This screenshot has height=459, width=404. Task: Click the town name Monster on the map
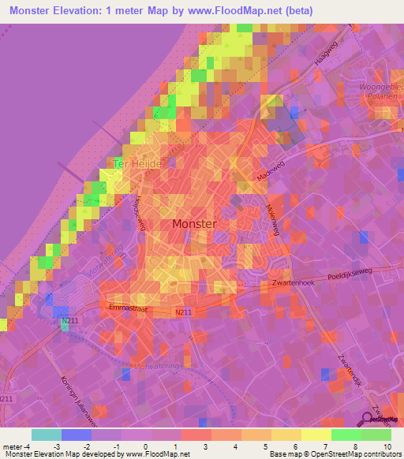[193, 224]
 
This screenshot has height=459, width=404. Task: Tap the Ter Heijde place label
[138, 163]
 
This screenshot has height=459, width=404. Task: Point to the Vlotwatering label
[158, 365]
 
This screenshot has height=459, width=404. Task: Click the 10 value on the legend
[387, 446]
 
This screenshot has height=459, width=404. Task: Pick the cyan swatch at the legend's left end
[47, 435]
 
